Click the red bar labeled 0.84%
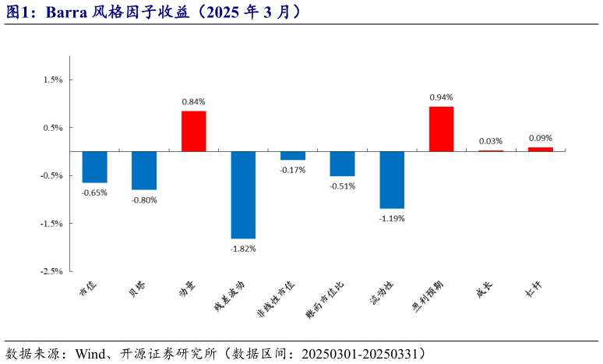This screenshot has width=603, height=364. point(194,131)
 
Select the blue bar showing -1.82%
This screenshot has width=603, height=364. point(243,195)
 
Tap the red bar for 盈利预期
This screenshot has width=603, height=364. point(441,129)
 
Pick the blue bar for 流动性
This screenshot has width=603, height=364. point(392,180)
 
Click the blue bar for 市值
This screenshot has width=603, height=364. point(95,167)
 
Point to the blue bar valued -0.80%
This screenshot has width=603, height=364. point(144,171)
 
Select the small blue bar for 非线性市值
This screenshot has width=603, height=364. point(293,156)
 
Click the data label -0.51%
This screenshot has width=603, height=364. point(342,186)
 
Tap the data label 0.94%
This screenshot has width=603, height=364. point(441,97)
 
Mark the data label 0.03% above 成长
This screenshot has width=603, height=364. point(491,141)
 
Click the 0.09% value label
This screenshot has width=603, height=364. point(540,138)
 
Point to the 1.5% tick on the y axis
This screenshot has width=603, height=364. point(52,80)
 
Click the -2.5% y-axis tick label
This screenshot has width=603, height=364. point(51,271)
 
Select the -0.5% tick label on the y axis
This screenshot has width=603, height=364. point(51,175)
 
